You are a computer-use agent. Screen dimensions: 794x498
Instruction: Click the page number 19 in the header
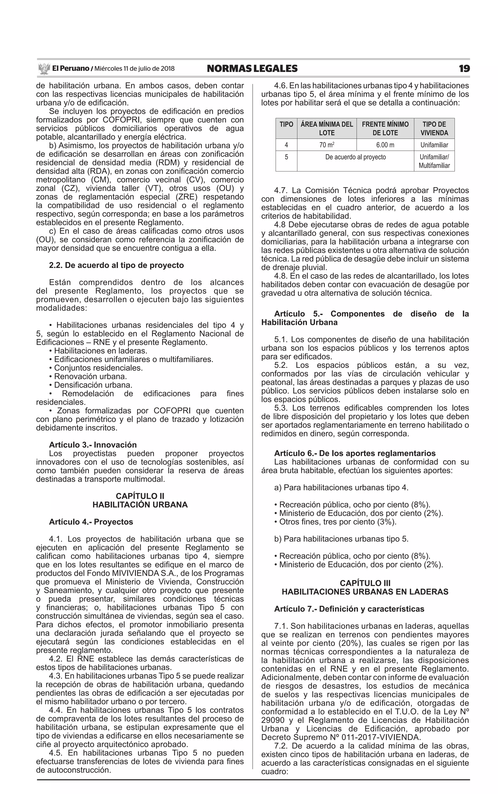pyautogui.click(x=464, y=69)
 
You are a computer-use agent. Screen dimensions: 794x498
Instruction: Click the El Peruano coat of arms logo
pyautogui.click(x=44, y=69)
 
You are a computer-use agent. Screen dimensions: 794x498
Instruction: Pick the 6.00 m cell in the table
pyautogui.click(x=385, y=145)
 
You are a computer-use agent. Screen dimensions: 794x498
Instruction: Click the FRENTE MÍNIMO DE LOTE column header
pyautogui.click(x=385, y=128)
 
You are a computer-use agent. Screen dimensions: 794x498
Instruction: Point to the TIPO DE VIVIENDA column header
pyautogui.click(x=434, y=128)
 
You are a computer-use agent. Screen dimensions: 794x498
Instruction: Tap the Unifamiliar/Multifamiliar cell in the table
pyautogui.click(x=434, y=161)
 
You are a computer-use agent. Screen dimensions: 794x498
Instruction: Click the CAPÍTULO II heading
pyautogui.click(x=140, y=496)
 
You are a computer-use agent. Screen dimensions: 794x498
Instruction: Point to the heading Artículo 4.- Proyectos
pyautogui.click(x=91, y=522)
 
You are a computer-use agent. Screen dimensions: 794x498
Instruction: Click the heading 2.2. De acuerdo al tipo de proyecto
pyautogui.click(x=116, y=265)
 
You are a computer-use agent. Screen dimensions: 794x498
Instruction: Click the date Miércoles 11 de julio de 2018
pyautogui.click(x=134, y=69)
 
